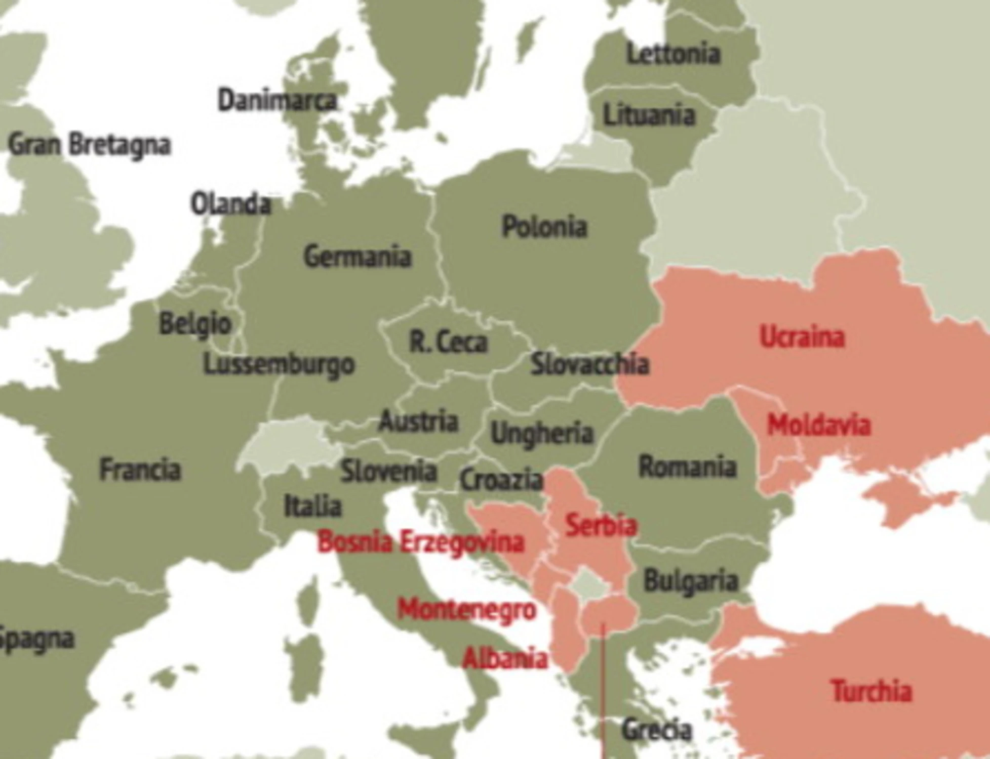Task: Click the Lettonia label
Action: [x=673, y=54]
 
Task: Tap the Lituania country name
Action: [x=649, y=115]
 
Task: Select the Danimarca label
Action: [x=277, y=100]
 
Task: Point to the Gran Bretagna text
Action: [x=90, y=145]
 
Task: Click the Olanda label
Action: [x=230, y=204]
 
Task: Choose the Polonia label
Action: [x=544, y=226]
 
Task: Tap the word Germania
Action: [x=358, y=256]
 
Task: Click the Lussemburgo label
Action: [x=279, y=364]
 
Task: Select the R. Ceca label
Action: [x=448, y=343]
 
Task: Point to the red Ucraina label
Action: [x=802, y=337]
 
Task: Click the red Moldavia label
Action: [x=819, y=425]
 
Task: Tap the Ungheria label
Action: [x=542, y=434]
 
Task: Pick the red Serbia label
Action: [x=601, y=525]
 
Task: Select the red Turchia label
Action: [x=871, y=691]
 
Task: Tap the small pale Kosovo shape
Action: [x=587, y=584]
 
